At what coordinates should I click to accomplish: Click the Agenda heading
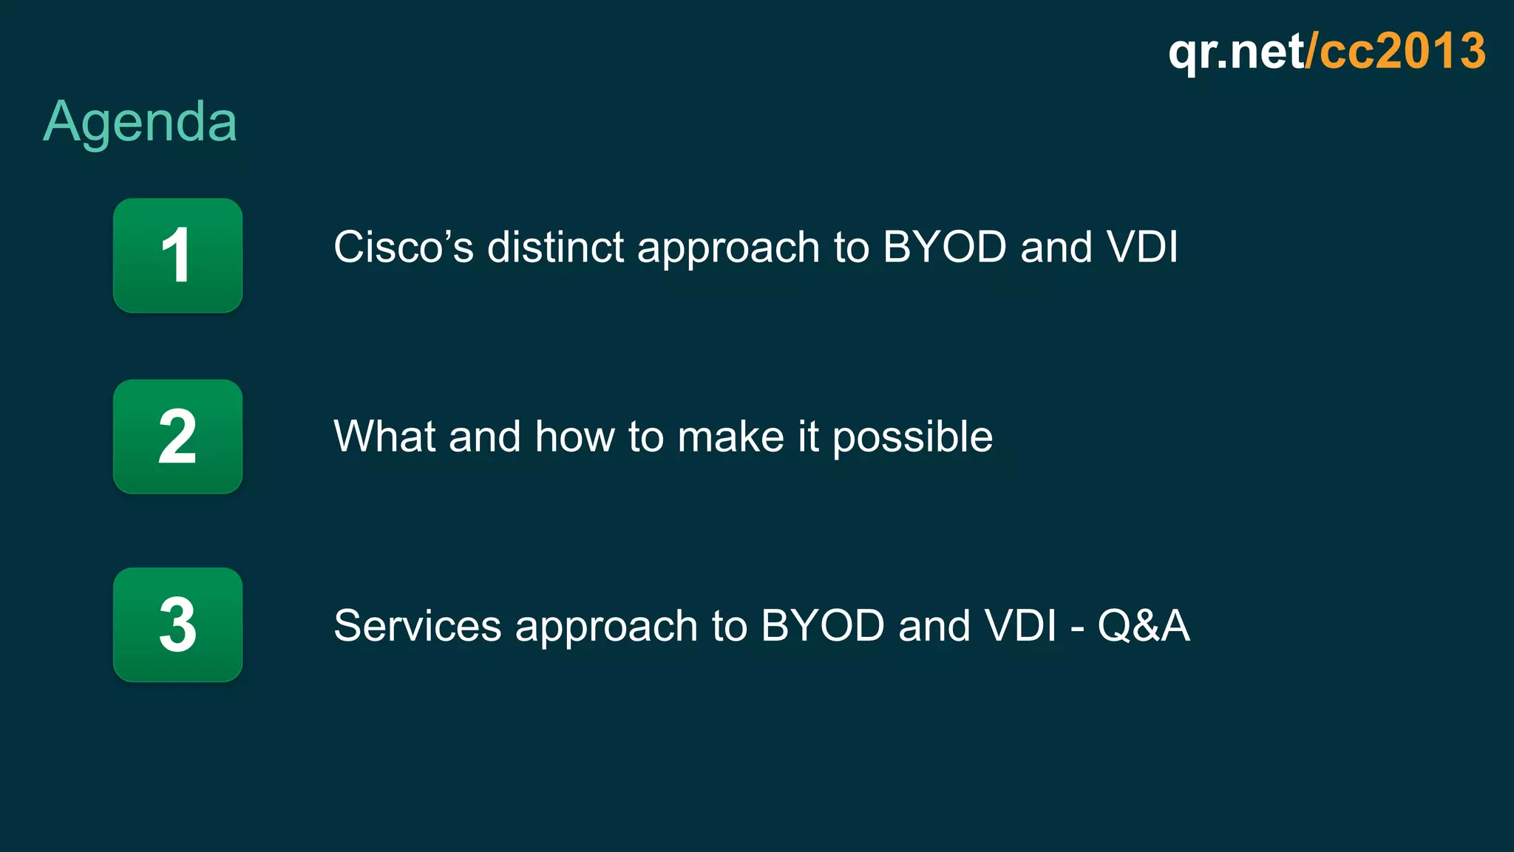[140, 122]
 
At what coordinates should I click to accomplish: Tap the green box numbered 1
[177, 256]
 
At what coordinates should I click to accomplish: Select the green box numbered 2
[177, 437]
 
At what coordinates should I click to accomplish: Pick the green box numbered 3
[177, 625]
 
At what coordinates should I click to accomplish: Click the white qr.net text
[1235, 52]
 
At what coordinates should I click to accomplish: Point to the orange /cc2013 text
[1396, 52]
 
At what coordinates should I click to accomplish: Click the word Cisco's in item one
[403, 247]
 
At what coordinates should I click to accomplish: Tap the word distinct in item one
[555, 247]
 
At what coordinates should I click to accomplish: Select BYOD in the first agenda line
[944, 247]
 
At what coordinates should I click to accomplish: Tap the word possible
[912, 437]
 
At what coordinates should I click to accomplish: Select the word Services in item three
[417, 626]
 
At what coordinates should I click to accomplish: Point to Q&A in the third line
[1144, 626]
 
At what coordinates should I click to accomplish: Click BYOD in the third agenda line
[822, 626]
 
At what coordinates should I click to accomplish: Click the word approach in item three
[606, 627]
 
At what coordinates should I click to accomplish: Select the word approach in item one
[728, 248]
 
